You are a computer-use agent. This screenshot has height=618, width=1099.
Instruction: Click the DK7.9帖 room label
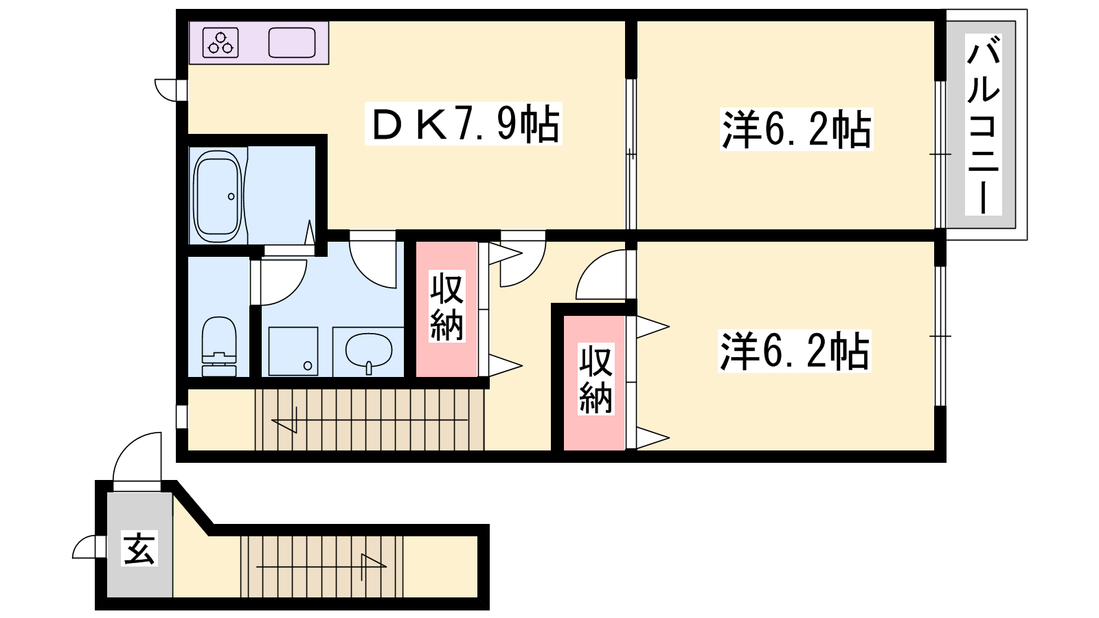[464, 124]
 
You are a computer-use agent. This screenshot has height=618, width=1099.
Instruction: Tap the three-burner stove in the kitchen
[220, 43]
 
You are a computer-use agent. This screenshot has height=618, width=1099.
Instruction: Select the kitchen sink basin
[292, 43]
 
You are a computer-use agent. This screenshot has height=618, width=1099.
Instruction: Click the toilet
[219, 346]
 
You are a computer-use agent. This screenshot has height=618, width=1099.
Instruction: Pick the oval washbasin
[369, 352]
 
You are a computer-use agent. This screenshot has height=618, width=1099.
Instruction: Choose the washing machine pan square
[293, 351]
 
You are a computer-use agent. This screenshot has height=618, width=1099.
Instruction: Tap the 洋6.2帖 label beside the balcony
[796, 129]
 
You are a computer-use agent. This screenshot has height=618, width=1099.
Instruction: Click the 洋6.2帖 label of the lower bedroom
[794, 351]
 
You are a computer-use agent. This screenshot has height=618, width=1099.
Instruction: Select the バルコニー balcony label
[983, 124]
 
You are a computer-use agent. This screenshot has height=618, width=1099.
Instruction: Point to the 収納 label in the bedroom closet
[596, 380]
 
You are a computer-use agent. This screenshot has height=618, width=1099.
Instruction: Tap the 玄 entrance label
[140, 549]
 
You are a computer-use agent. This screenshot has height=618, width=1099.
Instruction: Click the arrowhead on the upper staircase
[284, 426]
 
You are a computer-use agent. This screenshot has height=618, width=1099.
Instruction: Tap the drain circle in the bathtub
[231, 196]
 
